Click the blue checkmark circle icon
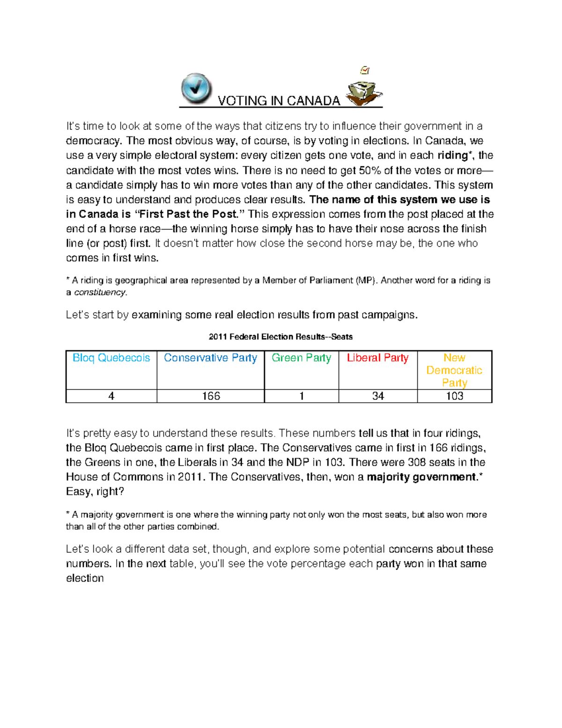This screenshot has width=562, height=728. click(x=196, y=88)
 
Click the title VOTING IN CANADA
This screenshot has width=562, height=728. click(x=279, y=101)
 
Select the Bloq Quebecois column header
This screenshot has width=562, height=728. click(x=111, y=358)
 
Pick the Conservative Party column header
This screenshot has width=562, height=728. click(x=210, y=358)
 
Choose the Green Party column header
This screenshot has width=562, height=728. click(x=301, y=358)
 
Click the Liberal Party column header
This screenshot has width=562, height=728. click(x=377, y=358)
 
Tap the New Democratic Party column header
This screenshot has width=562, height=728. click(x=454, y=370)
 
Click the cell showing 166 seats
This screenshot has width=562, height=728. click(x=211, y=396)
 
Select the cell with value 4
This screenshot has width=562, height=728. click(x=111, y=396)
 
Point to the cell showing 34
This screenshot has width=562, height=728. click(x=378, y=396)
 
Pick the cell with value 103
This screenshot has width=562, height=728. click(x=454, y=396)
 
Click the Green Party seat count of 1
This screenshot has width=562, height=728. click(x=302, y=396)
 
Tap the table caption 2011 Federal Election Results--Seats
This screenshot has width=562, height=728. click(x=281, y=337)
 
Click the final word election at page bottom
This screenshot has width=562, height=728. click(x=85, y=578)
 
